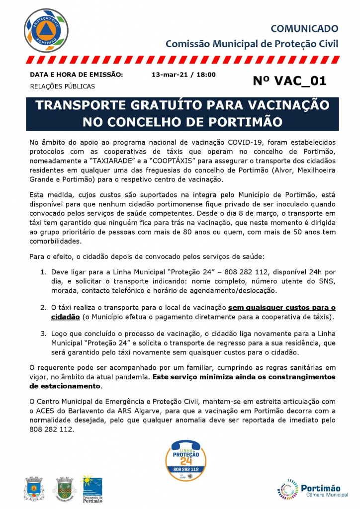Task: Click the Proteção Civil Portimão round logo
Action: pos(46,31)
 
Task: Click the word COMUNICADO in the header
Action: pos(304,29)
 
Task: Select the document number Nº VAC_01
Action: pos(289,81)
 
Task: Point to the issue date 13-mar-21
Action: pos(169,75)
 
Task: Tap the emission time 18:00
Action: pos(205,75)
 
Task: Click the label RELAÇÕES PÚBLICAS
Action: pos(62,86)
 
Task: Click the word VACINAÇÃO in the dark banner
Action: pos(284,106)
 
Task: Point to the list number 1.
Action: pos(43,272)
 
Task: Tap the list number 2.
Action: pos(43,308)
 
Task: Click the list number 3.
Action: pos(43,334)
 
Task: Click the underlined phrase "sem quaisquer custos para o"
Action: pos(281,308)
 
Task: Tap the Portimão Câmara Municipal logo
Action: pos(309,490)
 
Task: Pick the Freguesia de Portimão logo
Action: pos(92,488)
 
